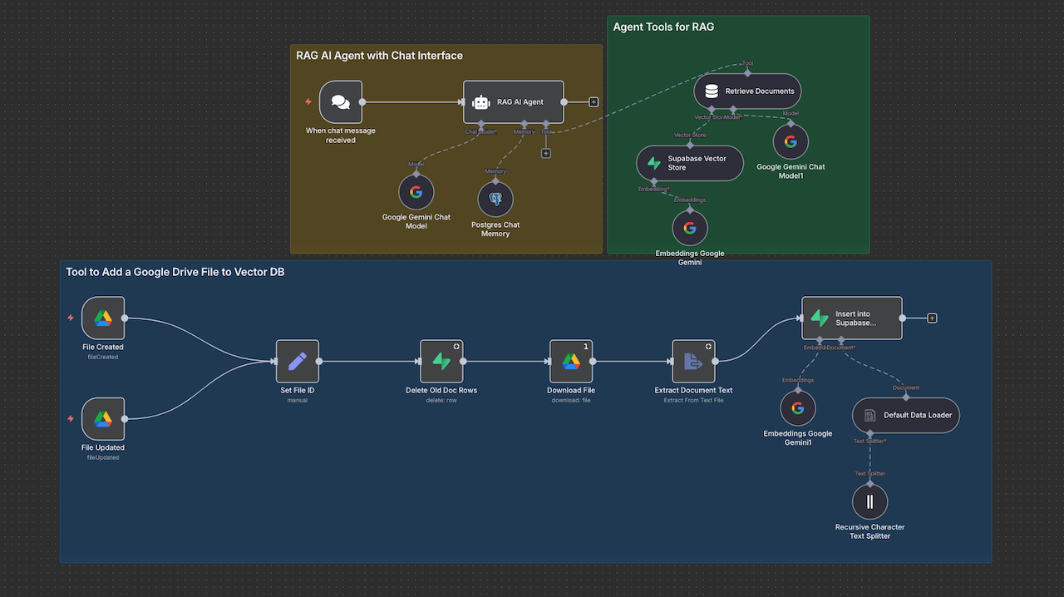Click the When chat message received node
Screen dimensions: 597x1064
pos(341,102)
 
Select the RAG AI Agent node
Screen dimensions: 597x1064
pos(513,102)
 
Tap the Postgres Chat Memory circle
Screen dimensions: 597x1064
pos(495,200)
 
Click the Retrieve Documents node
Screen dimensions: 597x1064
pos(747,91)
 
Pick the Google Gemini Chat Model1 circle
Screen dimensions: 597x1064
pos(791,141)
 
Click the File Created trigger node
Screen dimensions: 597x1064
pos(103,318)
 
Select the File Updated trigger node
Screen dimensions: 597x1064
pos(103,419)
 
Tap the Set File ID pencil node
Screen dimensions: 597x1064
pos(298,362)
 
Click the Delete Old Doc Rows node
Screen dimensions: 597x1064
pos(441,362)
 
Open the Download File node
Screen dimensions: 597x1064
pos(571,362)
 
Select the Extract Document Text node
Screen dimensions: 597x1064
pos(693,362)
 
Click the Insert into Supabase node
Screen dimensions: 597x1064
pos(851,318)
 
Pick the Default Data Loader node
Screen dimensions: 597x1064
pos(906,415)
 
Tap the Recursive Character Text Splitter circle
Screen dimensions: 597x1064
pos(870,502)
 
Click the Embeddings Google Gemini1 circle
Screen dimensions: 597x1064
pos(798,408)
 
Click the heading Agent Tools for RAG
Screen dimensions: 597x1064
pos(663,27)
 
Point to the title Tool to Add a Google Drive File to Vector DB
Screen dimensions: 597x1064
pos(175,272)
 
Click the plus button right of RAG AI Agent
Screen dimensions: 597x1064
pos(594,102)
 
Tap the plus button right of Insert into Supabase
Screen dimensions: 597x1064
pos(932,318)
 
